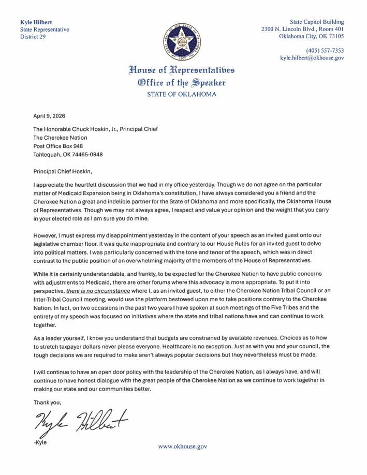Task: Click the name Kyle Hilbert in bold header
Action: click(36, 22)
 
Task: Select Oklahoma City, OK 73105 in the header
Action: click(312, 37)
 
